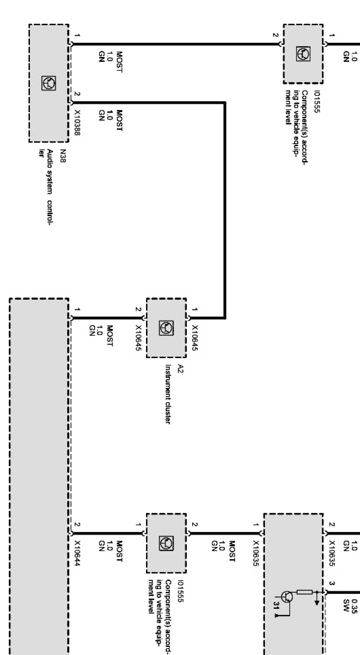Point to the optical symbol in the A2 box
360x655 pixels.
166,328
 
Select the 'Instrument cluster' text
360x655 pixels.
168,394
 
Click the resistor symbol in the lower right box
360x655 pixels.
304,592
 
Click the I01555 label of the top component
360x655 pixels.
317,102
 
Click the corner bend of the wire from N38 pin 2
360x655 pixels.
224,103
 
